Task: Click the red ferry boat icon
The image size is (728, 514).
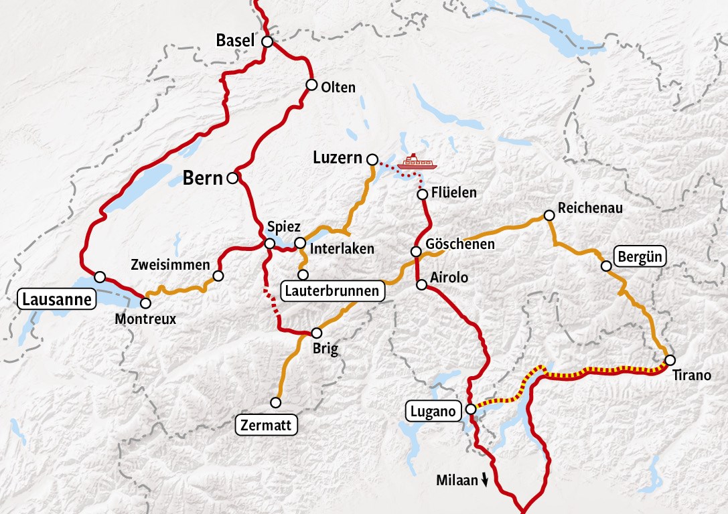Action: (x=417, y=162)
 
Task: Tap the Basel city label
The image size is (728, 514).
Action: (x=235, y=41)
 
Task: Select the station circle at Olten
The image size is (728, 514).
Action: (x=311, y=84)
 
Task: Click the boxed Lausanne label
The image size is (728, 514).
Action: (x=56, y=299)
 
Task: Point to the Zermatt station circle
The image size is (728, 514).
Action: (x=275, y=402)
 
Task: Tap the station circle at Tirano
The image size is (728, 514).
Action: (x=670, y=360)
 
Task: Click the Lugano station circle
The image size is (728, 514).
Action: (x=471, y=409)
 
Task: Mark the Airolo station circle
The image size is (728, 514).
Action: (x=422, y=284)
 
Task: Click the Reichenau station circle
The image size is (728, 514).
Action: (x=549, y=216)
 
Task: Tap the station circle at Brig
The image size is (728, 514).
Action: (x=317, y=333)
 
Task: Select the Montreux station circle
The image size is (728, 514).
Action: (x=145, y=303)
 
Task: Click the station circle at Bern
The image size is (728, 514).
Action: (x=232, y=178)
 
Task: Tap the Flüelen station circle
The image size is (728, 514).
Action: (x=423, y=194)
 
